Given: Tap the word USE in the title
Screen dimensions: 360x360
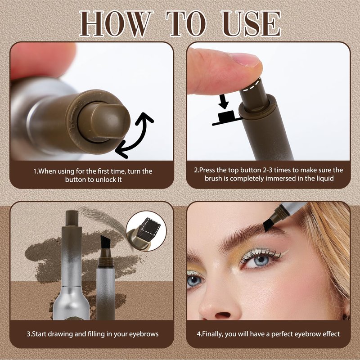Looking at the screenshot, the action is point(251,24).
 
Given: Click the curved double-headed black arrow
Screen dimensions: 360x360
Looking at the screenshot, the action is point(137,135).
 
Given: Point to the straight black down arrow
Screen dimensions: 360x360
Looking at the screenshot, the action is point(223,101).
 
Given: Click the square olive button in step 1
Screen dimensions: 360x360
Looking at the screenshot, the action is point(104,121).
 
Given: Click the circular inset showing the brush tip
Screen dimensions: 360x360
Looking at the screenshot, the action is point(146,231).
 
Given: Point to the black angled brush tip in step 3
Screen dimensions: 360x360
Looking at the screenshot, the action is point(105,243).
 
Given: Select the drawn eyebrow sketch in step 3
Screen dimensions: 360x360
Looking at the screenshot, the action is point(103,218).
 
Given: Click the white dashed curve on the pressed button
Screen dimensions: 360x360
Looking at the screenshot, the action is point(252,85).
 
